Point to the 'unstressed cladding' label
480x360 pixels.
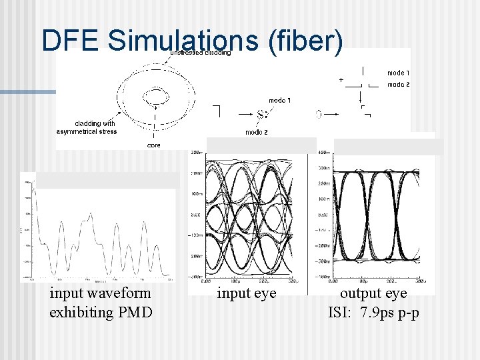click(201, 53)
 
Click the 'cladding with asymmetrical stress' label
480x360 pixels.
click(87, 127)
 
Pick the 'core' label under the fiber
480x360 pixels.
click(153, 145)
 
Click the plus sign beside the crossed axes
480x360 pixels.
click(341, 79)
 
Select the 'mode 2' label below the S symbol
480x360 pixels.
click(256, 132)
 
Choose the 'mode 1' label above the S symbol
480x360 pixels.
click(279, 101)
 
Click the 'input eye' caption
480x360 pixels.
click(247, 293)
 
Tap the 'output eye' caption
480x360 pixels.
click(373, 293)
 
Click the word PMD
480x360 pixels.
click(135, 312)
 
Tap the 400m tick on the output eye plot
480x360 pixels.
click(322, 154)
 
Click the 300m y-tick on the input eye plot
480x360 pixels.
click(196, 153)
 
